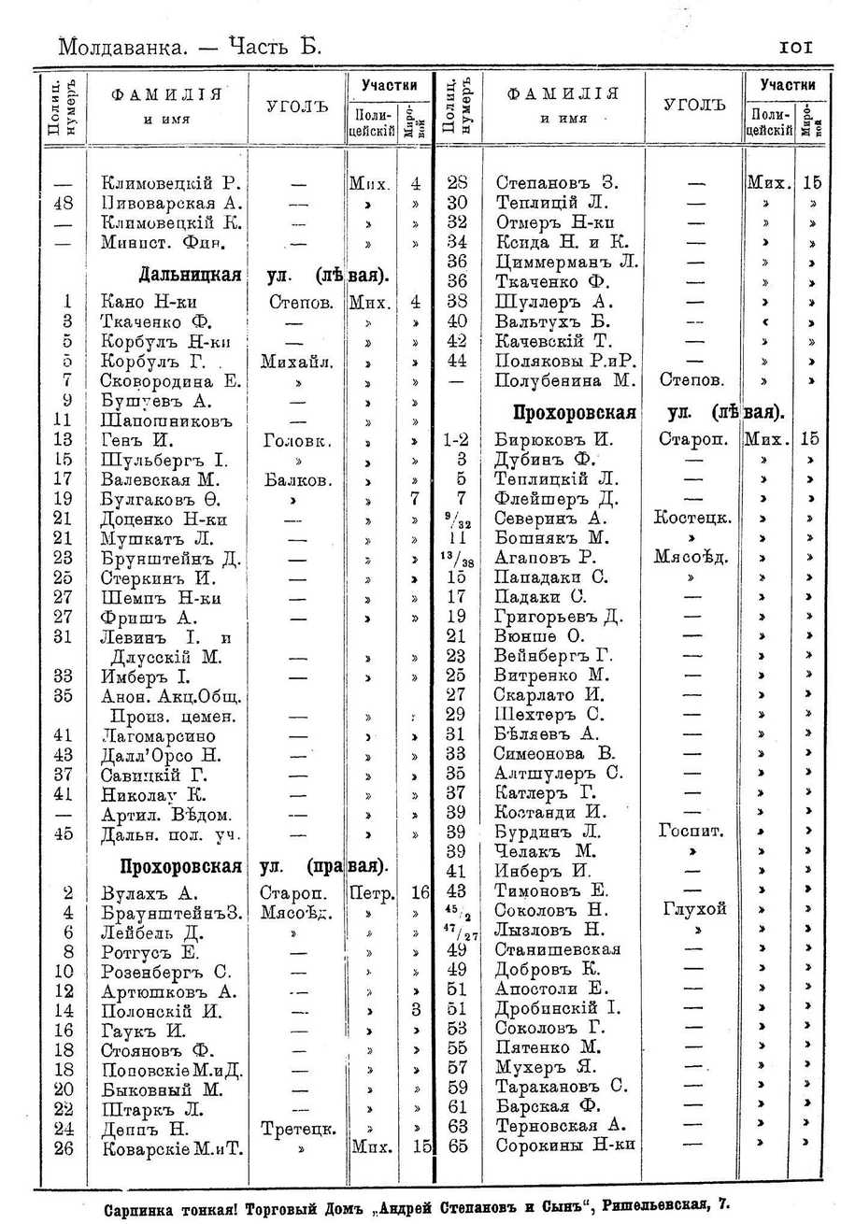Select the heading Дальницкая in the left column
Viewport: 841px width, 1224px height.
(191, 276)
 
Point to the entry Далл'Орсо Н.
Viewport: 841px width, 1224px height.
(160, 754)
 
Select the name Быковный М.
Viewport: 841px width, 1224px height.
(161, 1089)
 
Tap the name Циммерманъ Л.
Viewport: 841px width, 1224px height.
(566, 261)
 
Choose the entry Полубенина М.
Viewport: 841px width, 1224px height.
(565, 380)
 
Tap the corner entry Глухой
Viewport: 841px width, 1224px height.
(691, 910)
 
